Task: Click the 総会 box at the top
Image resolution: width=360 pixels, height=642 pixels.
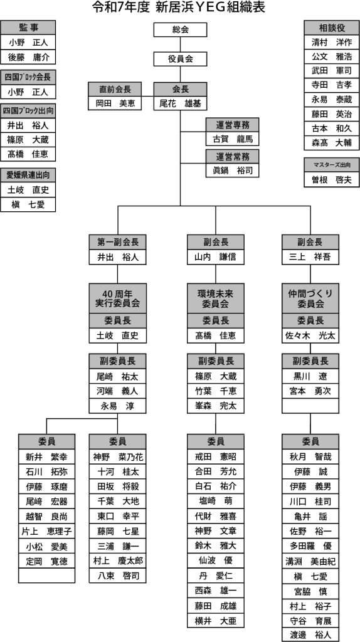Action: pyautogui.click(x=180, y=29)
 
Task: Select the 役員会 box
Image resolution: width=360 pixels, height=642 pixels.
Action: pyautogui.click(x=180, y=58)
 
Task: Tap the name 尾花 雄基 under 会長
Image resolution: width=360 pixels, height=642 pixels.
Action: pyautogui.click(x=180, y=103)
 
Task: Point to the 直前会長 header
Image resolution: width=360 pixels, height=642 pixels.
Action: pyautogui.click(x=115, y=89)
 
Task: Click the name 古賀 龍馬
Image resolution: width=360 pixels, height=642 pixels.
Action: pyautogui.click(x=233, y=139)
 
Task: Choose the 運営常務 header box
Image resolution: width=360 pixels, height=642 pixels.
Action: pyautogui.click(x=233, y=156)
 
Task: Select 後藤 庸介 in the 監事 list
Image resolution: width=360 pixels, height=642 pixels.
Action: pyautogui.click(x=28, y=57)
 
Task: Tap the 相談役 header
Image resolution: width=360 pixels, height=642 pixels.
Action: pyautogui.click(x=332, y=28)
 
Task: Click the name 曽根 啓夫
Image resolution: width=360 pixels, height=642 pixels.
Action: pyautogui.click(x=332, y=180)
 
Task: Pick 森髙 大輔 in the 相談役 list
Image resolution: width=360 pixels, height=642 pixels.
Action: pyautogui.click(x=332, y=144)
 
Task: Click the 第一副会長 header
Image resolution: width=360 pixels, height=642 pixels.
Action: pyautogui.click(x=117, y=242)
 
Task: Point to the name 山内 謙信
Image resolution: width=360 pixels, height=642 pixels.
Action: pyautogui.click(x=216, y=257)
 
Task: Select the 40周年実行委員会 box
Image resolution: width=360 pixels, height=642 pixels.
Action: pyautogui.click(x=117, y=298)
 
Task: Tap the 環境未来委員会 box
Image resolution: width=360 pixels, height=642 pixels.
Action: pyautogui.click(x=216, y=298)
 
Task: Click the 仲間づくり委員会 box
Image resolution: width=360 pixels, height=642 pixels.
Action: pyautogui.click(x=310, y=298)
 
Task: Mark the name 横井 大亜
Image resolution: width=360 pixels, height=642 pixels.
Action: pyautogui.click(x=216, y=620)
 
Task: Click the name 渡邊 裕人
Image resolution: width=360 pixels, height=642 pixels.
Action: pyautogui.click(x=310, y=635)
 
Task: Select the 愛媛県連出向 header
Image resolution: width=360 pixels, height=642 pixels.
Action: pyautogui.click(x=28, y=176)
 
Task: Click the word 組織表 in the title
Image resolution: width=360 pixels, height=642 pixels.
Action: pyautogui.click(x=245, y=8)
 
